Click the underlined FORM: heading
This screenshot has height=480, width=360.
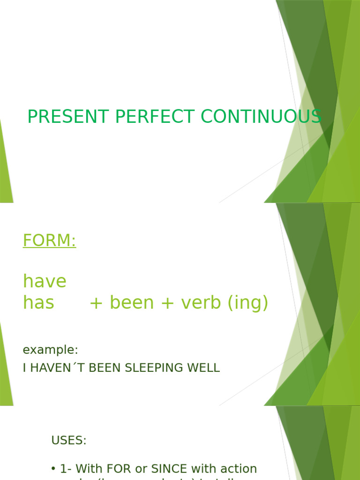point(49,241)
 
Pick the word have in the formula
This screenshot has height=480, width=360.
point(45,282)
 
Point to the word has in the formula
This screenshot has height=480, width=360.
point(38,303)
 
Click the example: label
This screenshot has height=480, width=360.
point(50,350)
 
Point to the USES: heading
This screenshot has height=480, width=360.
point(69,441)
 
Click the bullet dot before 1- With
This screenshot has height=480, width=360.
point(53,469)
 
